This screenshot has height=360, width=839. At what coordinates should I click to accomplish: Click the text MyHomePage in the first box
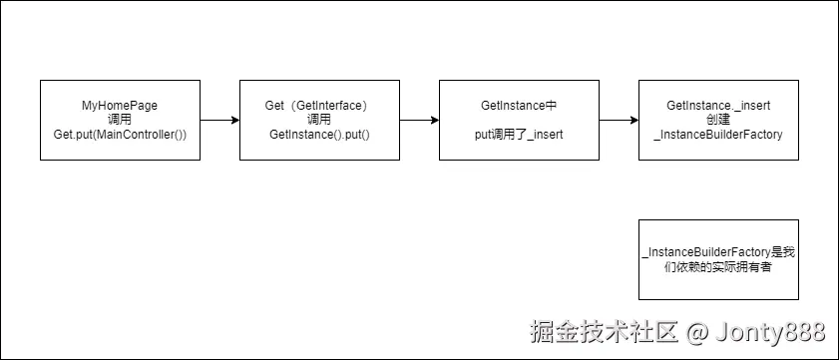[x=120, y=105]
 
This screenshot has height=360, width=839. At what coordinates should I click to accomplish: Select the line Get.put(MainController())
[x=120, y=134]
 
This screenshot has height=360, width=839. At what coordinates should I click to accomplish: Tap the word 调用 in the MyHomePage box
[x=120, y=120]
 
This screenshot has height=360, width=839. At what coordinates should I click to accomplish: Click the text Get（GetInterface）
[x=319, y=105]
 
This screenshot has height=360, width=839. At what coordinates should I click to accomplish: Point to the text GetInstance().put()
[x=319, y=134]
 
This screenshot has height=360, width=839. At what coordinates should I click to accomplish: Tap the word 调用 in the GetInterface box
[x=319, y=120]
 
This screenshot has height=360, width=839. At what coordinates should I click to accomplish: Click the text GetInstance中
[x=519, y=105]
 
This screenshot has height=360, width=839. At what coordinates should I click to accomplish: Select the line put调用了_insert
[x=519, y=134]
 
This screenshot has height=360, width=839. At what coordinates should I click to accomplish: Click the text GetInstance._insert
[x=718, y=105]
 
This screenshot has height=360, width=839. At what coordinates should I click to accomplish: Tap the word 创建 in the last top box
[x=718, y=120]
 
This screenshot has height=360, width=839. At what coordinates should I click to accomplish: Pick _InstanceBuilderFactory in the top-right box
[x=718, y=134]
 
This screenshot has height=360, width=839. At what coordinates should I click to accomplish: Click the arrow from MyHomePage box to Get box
[x=219, y=120]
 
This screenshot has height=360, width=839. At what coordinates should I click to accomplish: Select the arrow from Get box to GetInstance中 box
[x=419, y=120]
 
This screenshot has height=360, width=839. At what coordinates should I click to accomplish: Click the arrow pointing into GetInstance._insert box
[x=619, y=120]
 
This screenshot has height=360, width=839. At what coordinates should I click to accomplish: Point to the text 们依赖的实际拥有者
[x=718, y=267]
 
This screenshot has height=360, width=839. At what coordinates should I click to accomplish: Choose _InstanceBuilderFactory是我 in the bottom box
[x=718, y=252]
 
